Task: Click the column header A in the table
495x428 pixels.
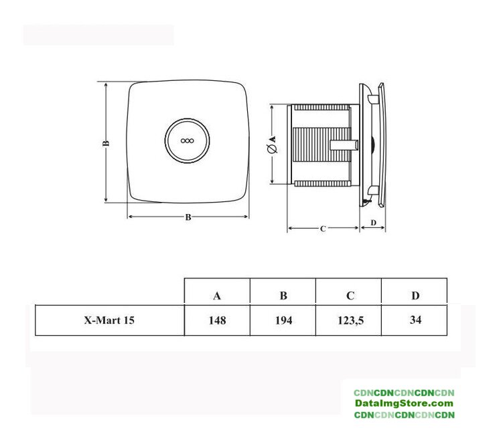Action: pos(217,296)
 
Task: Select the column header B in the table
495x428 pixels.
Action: pos(283,296)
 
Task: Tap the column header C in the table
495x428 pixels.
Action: pos(350,296)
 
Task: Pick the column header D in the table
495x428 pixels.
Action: pos(415,296)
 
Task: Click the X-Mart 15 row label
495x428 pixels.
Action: pos(109,320)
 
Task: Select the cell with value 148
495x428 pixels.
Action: pos(217,320)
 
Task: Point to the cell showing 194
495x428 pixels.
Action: pos(283,320)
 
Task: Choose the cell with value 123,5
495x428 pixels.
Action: pos(350,321)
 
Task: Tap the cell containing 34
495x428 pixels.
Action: pos(415,320)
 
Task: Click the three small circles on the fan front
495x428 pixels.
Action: pos(187,140)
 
